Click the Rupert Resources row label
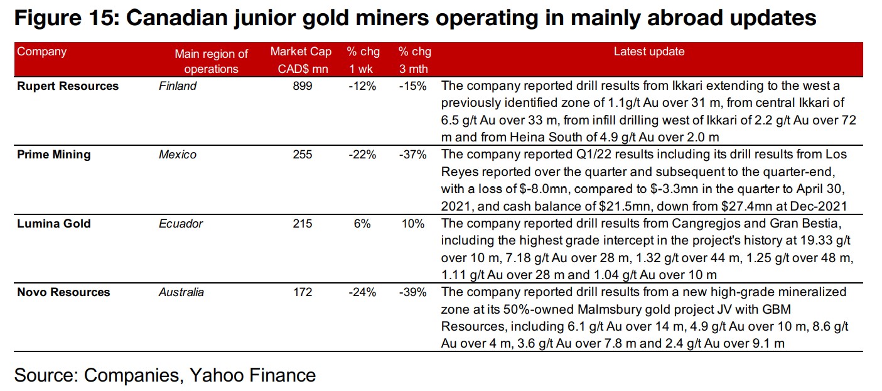click(68, 86)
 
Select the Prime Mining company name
click(54, 155)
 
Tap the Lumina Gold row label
click(54, 223)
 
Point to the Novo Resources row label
click(63, 292)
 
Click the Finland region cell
click(178, 86)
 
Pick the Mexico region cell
click(178, 155)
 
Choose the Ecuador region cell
click(181, 223)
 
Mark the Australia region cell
click(181, 292)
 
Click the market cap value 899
click(302, 86)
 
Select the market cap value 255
click(302, 155)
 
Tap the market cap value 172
click(302, 292)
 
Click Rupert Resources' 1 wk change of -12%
click(362, 86)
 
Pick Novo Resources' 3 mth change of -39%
click(413, 292)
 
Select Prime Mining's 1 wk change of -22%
click(362, 155)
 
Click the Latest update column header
click(649, 52)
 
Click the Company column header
click(41, 52)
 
